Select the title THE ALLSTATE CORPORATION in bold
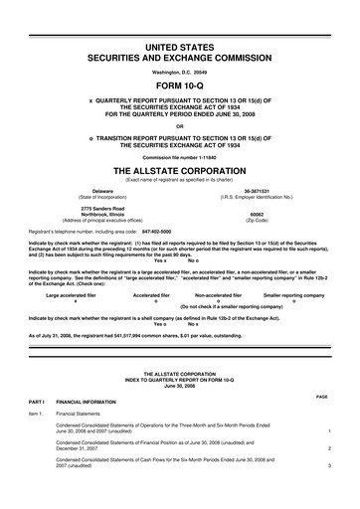click(179, 171)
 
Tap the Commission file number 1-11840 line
click(179, 158)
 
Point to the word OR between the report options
click(179, 125)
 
